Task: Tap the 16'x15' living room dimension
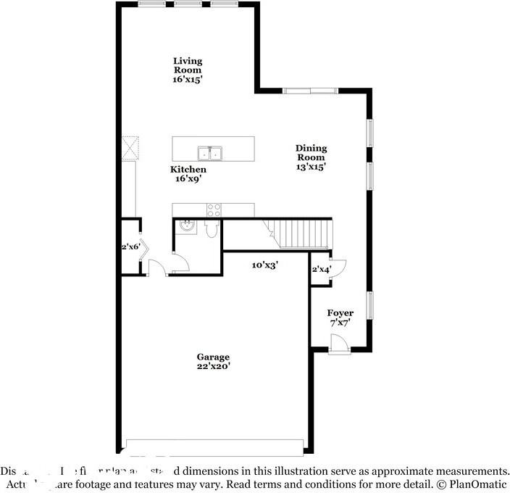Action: point(187,79)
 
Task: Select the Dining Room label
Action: point(310,152)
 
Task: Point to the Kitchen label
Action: point(188,169)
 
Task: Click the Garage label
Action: point(213,357)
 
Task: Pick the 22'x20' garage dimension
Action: point(213,366)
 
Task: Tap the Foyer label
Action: point(340,312)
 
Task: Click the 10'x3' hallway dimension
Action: point(265,265)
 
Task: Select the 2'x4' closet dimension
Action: point(321,270)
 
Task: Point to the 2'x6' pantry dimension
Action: point(130,247)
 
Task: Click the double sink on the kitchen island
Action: point(211,153)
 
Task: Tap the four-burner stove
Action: point(214,210)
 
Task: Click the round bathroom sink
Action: point(187,226)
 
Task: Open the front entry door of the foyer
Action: point(338,345)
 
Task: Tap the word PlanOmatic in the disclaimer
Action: point(479,483)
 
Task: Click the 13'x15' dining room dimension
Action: point(310,166)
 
